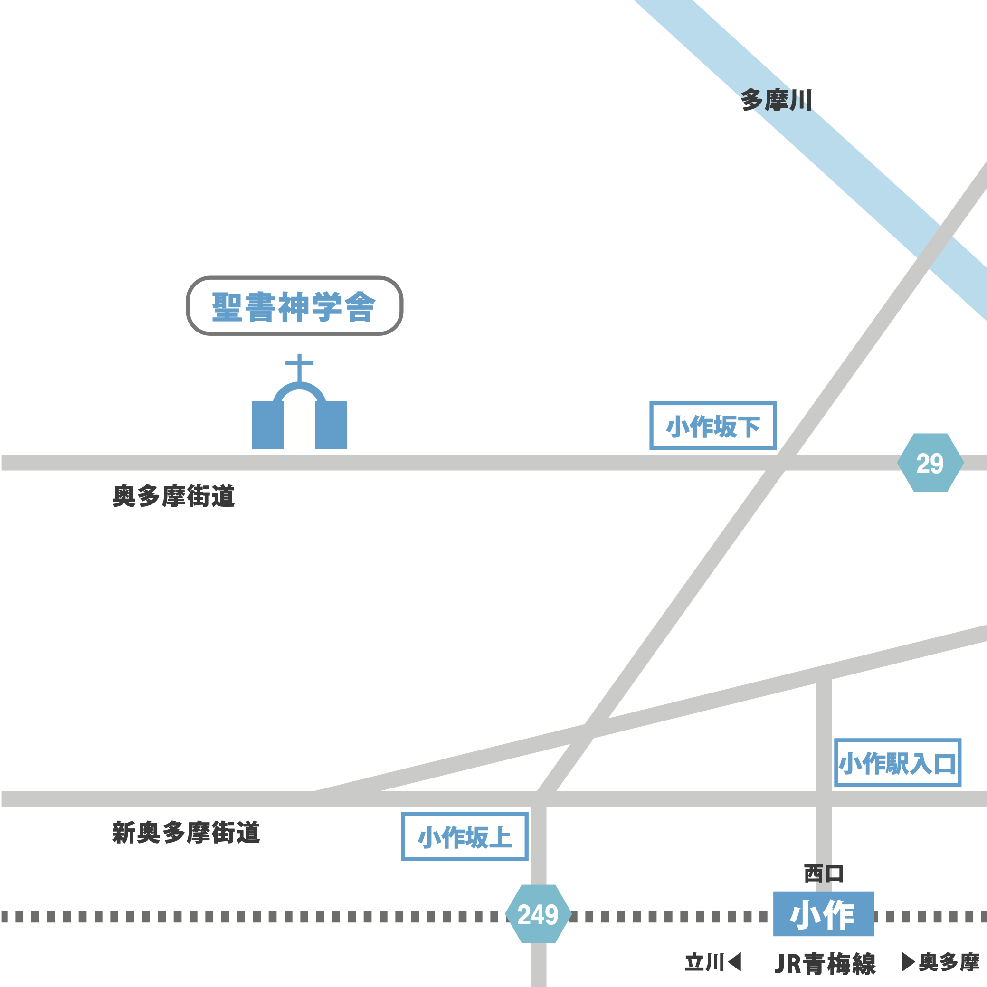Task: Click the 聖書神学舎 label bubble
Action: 294,305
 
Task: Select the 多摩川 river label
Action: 776,100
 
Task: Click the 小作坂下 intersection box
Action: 712,426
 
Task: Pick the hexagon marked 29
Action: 930,463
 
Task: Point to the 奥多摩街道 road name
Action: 174,496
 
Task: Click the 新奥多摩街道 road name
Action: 186,833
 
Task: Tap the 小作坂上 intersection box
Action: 465,837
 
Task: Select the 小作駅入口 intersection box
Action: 898,763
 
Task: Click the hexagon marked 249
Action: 538,914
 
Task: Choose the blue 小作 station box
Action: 823,914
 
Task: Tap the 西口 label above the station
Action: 823,874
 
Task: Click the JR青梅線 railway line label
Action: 825,964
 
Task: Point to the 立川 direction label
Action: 704,962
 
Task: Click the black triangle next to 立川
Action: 735,961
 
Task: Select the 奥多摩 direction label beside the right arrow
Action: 949,962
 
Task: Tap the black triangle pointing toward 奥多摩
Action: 908,961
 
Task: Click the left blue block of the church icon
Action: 268,425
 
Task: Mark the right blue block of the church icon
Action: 331,425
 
